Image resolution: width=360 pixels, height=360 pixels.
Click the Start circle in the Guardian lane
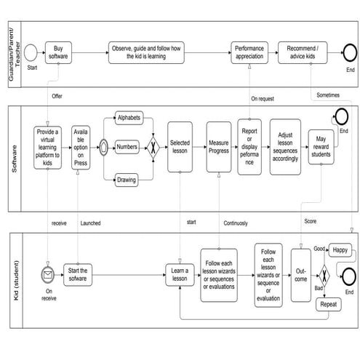31,52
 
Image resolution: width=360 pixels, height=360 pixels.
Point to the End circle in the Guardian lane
350,52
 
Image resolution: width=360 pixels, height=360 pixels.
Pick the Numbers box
129,146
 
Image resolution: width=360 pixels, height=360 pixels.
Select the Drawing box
129,179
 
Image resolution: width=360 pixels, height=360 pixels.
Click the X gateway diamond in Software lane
153,146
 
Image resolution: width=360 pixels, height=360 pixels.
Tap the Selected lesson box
180,146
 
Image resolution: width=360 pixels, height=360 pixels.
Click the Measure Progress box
219,146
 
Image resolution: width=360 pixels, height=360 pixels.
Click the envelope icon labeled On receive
49,275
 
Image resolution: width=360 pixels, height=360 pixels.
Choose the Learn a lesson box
180,275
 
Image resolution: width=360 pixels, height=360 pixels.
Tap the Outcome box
300,275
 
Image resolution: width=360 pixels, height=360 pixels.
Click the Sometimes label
328,95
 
